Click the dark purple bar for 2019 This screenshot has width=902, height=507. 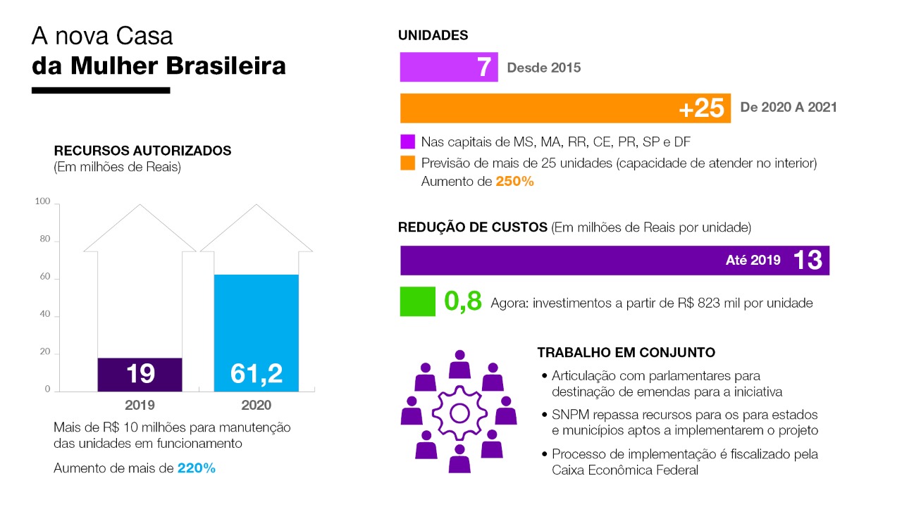140,375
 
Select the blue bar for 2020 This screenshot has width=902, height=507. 256,333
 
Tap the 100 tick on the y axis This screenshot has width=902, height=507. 43,203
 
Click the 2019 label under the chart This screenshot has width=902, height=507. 140,406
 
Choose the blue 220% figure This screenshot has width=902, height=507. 197,468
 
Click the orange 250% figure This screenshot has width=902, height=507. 514,181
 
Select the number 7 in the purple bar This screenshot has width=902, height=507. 483,68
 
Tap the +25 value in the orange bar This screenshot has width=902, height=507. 701,108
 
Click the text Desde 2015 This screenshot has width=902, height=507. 543,68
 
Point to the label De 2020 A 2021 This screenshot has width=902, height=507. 789,108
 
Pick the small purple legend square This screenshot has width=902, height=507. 407,142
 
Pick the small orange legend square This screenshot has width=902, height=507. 407,163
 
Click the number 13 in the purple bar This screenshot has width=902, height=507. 808,261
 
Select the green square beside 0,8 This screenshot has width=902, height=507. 418,301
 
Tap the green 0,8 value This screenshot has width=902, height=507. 463,301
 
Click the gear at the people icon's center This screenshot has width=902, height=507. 459,412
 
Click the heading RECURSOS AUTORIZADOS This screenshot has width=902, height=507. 142,151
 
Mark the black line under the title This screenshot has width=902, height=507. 101,90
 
